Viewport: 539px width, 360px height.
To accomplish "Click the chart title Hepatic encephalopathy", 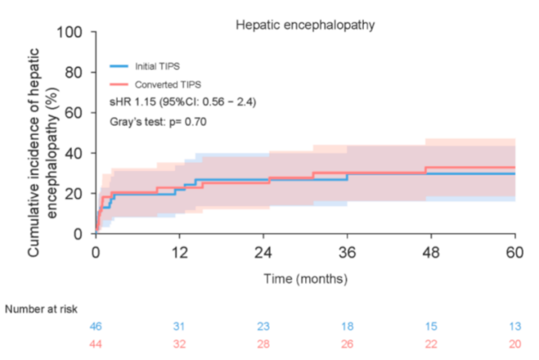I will tap(305, 25).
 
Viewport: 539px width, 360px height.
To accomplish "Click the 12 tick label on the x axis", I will tap(180, 253).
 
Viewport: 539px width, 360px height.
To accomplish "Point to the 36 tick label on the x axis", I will tap(348, 253).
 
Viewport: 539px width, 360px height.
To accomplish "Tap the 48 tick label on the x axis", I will tap(431, 253).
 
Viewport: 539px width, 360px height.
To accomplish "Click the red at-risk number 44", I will tap(95, 344).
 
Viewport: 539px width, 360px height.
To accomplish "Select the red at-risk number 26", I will tap(348, 344).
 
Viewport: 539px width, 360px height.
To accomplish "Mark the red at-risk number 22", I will tap(431, 344).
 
